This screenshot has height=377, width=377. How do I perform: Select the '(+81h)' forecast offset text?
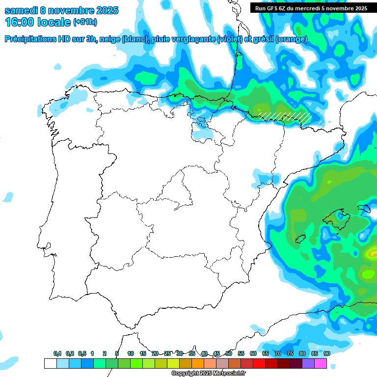pos(84,22)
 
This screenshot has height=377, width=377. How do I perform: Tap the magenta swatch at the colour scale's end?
pos(321,363)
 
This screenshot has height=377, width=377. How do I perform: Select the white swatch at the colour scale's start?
pos(50,363)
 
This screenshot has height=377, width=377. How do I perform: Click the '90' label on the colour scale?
pos(326,353)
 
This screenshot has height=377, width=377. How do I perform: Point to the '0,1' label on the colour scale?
pos(57,353)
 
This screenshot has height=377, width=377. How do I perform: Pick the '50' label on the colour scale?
pos(229,353)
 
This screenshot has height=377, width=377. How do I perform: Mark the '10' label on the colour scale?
pos(131,353)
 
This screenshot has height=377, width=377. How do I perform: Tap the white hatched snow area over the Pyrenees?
pos(285,116)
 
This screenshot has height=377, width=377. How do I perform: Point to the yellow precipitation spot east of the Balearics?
pos(371,253)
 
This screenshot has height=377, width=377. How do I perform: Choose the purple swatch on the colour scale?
pos(308,363)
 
